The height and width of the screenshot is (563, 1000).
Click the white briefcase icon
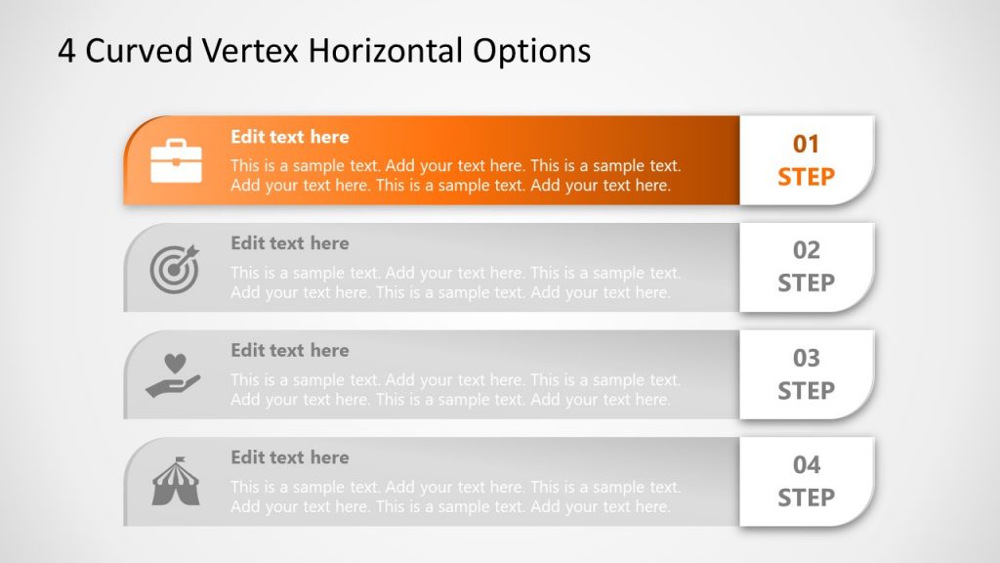[176, 160]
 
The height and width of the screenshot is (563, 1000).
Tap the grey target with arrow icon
[175, 267]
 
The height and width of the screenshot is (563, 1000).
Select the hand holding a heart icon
[173, 374]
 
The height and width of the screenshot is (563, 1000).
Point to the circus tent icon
[175, 481]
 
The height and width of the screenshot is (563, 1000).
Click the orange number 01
[806, 145]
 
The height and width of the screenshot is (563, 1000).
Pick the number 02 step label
[806, 251]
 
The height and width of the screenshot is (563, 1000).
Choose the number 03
[806, 359]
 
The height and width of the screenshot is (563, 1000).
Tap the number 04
[806, 465]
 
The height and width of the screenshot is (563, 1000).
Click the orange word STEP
[806, 177]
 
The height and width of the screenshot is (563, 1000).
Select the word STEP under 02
[806, 283]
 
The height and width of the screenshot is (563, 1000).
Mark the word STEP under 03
[806, 391]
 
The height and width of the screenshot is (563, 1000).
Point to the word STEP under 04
[806, 498]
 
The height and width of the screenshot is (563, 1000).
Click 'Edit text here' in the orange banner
[289, 137]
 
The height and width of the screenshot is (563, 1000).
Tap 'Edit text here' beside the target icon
[289, 243]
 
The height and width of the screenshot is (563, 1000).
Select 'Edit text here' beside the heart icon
[289, 350]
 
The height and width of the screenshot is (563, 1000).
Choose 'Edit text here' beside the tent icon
[289, 457]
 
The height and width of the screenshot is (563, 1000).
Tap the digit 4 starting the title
[66, 51]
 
